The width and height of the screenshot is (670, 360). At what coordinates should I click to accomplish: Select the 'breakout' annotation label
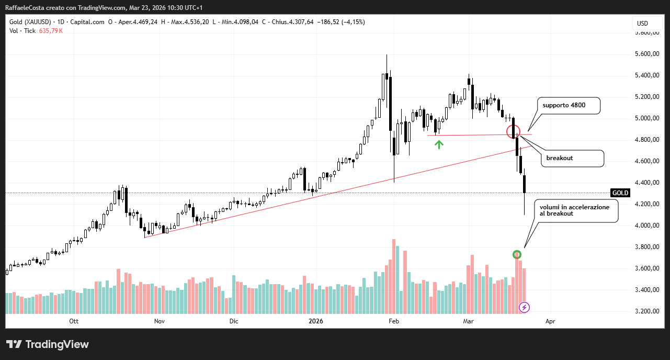pyautogui.click(x=572, y=158)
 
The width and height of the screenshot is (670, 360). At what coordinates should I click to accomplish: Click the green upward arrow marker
pyautogui.click(x=439, y=144)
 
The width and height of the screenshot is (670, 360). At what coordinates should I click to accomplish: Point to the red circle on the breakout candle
pyautogui.click(x=514, y=131)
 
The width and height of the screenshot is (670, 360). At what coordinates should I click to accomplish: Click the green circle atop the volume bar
pyautogui.click(x=517, y=254)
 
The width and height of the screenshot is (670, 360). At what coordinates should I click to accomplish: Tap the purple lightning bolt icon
pyautogui.click(x=524, y=307)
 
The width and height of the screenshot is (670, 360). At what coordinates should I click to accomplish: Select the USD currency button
pyautogui.click(x=642, y=23)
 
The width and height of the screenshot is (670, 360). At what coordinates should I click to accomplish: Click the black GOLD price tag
pyautogui.click(x=620, y=193)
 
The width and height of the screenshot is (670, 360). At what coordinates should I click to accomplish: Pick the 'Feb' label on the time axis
pyautogui.click(x=394, y=321)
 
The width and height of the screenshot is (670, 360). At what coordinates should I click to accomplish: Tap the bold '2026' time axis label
pyautogui.click(x=315, y=321)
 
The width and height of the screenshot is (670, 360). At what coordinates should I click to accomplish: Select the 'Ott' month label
pyautogui.click(x=74, y=321)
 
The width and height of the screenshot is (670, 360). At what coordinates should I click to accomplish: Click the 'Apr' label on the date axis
pyautogui.click(x=550, y=321)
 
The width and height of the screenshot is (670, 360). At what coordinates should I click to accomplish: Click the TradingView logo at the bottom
pyautogui.click(x=48, y=344)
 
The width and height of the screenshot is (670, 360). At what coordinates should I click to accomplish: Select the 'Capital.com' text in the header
pyautogui.click(x=88, y=22)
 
